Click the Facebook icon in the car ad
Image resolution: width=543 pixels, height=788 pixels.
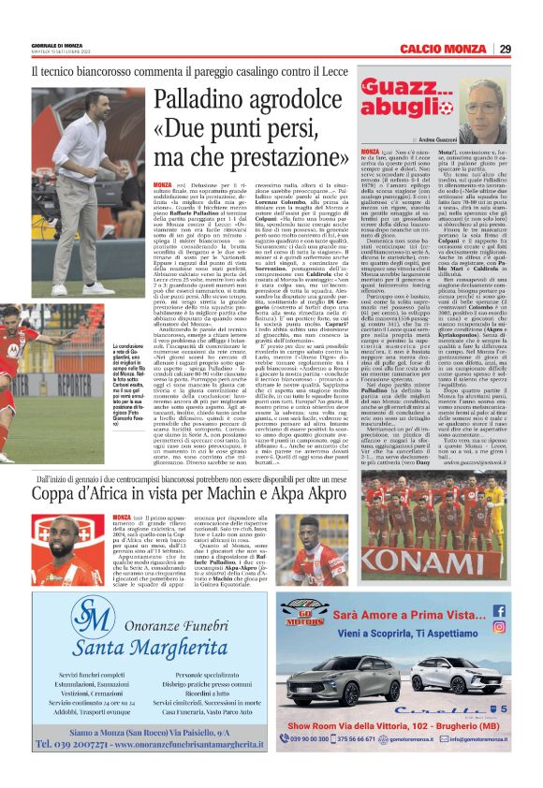[x=523, y=610]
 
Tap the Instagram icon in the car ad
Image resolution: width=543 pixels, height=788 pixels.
[x=524, y=629]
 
